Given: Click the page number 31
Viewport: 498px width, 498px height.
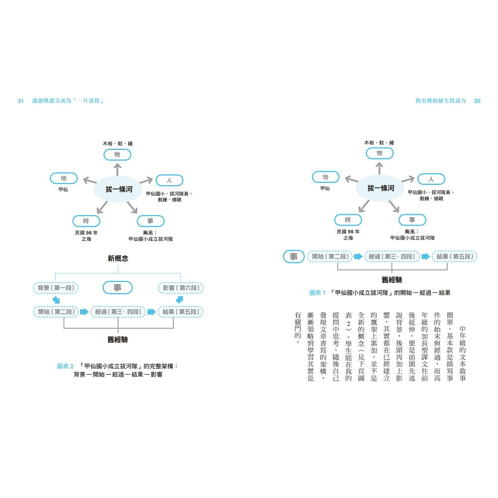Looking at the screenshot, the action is (x=20, y=101).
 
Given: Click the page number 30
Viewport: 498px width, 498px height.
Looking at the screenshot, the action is (x=477, y=101).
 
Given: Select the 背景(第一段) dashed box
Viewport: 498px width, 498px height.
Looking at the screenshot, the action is (x=56, y=288).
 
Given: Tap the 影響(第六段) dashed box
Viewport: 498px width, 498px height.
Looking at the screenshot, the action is (x=181, y=288).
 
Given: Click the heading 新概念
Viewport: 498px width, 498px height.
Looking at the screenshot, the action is (x=118, y=258).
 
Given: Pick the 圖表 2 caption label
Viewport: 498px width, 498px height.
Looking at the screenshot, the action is (x=65, y=366).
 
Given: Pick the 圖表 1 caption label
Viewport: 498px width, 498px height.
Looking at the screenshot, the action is (x=317, y=293).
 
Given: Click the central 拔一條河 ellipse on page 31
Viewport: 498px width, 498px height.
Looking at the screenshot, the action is (x=118, y=189).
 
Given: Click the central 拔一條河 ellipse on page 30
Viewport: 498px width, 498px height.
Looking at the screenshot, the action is (x=380, y=188).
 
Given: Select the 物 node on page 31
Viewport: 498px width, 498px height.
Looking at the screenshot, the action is (x=117, y=155).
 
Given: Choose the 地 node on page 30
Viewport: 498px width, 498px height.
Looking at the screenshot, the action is (x=326, y=177).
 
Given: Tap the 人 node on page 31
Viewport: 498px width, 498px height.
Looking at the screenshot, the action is (x=169, y=180).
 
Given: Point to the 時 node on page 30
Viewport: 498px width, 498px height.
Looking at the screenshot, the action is (x=348, y=220).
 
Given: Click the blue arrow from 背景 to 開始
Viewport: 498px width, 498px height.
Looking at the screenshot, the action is (x=56, y=300).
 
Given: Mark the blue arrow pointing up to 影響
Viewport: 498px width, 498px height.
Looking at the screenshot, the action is (x=179, y=299).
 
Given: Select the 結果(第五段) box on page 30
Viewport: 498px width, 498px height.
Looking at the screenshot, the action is (x=455, y=256).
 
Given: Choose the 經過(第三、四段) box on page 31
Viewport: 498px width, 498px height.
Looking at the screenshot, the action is (x=118, y=312).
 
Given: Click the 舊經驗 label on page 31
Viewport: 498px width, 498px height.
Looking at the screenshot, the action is (x=118, y=340).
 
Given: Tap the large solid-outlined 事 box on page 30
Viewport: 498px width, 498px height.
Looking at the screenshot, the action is (x=293, y=256).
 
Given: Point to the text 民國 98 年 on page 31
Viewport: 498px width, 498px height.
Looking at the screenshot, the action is (x=86, y=233).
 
